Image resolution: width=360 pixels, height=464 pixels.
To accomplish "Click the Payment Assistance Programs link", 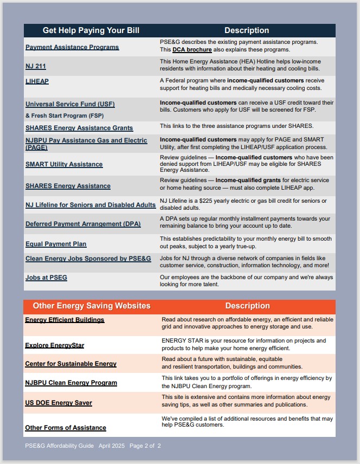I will click(x=72, y=48).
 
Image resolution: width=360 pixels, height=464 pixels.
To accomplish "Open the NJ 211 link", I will click(x=36, y=66).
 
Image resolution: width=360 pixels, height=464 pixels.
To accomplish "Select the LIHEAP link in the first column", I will click(x=37, y=81).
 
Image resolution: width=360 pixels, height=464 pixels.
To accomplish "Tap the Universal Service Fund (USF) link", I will click(x=70, y=104).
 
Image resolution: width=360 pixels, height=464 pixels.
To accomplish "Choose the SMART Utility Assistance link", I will click(x=64, y=164).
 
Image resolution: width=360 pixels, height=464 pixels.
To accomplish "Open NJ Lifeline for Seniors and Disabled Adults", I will click(x=91, y=205).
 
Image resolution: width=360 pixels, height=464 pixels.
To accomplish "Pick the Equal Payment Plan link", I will click(x=56, y=244).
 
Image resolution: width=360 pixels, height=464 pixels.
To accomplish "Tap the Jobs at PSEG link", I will click(x=46, y=278).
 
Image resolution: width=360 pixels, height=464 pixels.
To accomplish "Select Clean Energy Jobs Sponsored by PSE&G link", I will click(x=88, y=259).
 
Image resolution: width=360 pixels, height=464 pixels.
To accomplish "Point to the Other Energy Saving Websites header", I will click(x=92, y=306).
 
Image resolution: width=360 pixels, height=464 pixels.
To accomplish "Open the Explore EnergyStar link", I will click(x=55, y=345).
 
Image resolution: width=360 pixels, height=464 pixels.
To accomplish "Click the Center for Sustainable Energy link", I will click(x=70, y=364).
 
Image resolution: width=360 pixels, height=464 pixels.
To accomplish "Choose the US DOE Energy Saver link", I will click(x=59, y=403).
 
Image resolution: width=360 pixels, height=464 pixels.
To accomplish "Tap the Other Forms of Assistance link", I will click(x=66, y=428).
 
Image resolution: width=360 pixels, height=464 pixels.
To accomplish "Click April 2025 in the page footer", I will click(x=112, y=446).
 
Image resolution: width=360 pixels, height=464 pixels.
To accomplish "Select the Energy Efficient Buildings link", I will click(x=65, y=320).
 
